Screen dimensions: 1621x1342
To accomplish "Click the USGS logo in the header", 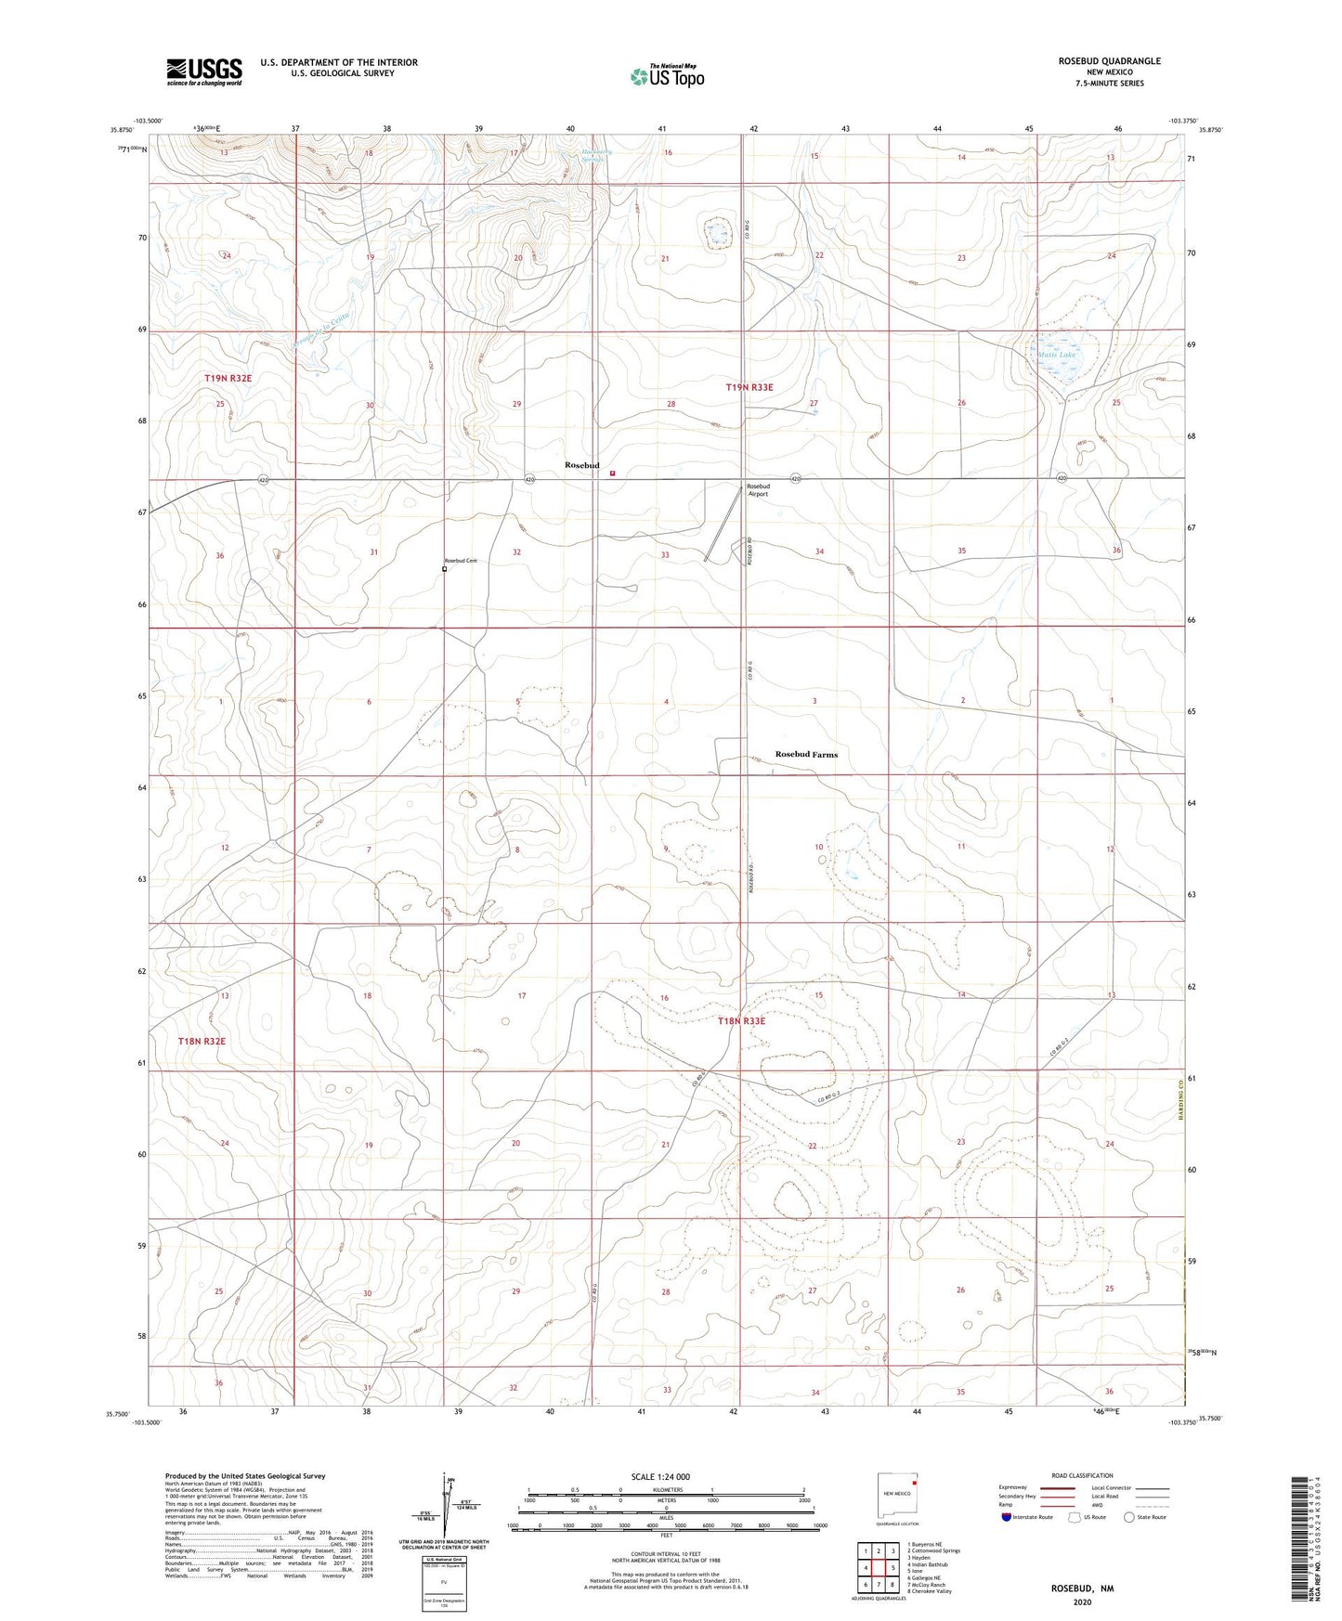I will click(204, 71).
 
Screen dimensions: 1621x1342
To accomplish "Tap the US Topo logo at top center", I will click(666, 76).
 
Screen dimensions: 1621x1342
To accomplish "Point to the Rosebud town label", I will click(582, 465).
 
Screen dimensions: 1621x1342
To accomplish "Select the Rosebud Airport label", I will click(758, 490).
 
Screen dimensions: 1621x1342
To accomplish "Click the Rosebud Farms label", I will click(806, 755).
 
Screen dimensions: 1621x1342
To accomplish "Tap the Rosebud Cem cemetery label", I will click(460, 561).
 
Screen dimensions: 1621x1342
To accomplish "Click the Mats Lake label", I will click(1056, 355).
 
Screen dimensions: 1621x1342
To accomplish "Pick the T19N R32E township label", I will click(228, 379).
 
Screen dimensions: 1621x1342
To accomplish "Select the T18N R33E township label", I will click(741, 1021).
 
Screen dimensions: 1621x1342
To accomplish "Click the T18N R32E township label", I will click(202, 1042).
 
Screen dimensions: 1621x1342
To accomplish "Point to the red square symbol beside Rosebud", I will click(612, 473).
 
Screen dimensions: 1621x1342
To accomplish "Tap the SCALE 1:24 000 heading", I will click(660, 1477).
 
